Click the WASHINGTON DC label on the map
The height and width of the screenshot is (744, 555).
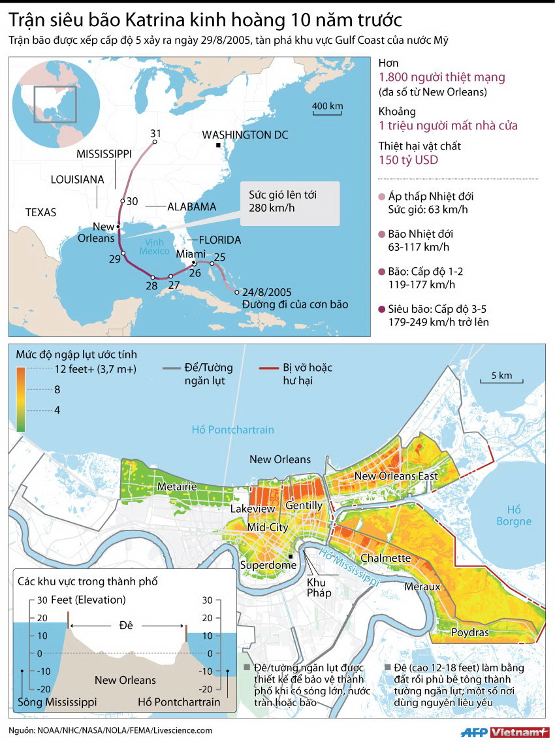click(245, 135)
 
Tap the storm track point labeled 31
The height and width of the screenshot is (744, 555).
click(155, 142)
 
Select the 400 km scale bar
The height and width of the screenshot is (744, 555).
click(327, 115)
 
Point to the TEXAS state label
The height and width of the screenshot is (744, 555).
click(40, 212)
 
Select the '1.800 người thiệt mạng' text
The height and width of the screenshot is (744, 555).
click(441, 77)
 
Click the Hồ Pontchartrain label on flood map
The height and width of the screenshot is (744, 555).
click(232, 429)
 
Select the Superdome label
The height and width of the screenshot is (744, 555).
click(264, 564)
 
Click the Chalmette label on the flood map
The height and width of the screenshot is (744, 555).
click(385, 558)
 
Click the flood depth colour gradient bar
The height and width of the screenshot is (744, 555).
click(22, 399)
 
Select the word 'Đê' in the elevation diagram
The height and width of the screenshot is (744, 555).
click(126, 625)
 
